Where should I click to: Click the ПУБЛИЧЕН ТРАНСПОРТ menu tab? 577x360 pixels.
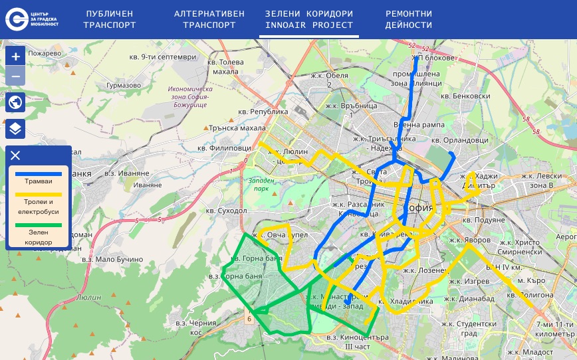(110, 19)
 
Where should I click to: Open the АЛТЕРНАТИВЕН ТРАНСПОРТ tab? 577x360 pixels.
(209, 19)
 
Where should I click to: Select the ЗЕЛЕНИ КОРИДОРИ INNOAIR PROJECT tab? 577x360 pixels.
(308, 19)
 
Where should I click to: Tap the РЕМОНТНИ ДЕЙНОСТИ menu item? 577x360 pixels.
(408, 19)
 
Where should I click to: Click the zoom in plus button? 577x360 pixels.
(15, 56)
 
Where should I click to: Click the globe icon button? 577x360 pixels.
(15, 102)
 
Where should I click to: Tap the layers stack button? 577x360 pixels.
(15, 128)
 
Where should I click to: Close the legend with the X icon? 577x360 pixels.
(15, 155)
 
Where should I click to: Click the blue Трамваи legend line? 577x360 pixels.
(38, 174)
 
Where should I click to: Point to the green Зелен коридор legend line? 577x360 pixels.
(38, 226)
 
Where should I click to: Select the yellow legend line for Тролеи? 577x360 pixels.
(38, 195)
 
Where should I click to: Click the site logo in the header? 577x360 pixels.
(33, 19)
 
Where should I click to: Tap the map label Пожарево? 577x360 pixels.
(45, 53)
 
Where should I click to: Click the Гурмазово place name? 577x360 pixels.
(124, 85)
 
